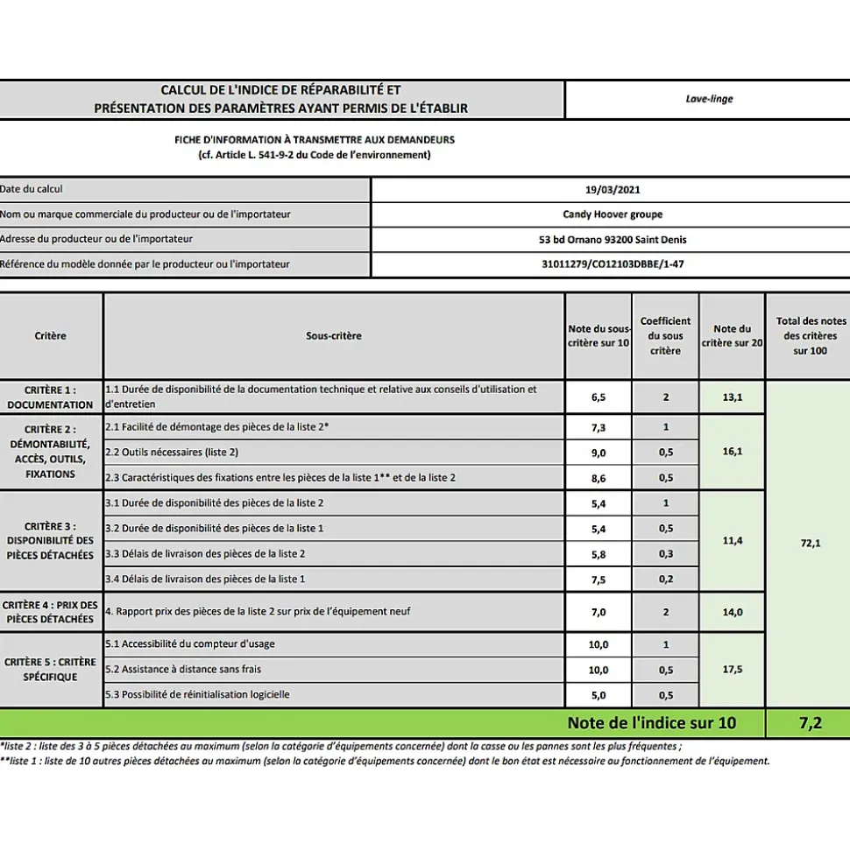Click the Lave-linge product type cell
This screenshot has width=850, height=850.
tap(709, 99)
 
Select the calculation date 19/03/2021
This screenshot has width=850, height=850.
tap(612, 190)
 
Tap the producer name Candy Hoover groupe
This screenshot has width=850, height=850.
tap(612, 214)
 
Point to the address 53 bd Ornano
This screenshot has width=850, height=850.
tap(612, 239)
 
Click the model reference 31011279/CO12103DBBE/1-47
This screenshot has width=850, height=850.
tap(612, 263)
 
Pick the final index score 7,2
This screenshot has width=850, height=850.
tap(811, 723)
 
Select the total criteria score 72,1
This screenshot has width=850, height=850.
tap(811, 544)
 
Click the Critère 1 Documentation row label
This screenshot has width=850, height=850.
tap(50, 397)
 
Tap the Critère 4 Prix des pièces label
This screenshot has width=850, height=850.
tap(50, 612)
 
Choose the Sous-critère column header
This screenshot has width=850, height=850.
tap(333, 335)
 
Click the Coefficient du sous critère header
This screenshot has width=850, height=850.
tap(665, 335)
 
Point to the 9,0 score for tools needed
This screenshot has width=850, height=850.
tap(599, 453)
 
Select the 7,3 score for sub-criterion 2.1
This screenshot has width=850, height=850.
tap(599, 427)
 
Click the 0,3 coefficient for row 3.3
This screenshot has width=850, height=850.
tap(665, 554)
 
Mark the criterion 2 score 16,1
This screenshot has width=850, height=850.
tap(732, 452)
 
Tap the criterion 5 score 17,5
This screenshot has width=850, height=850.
tap(732, 669)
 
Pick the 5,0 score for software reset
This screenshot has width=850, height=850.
tap(599, 694)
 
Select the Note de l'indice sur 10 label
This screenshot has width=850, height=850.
tap(652, 723)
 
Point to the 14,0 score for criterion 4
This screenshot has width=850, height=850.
tap(732, 612)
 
